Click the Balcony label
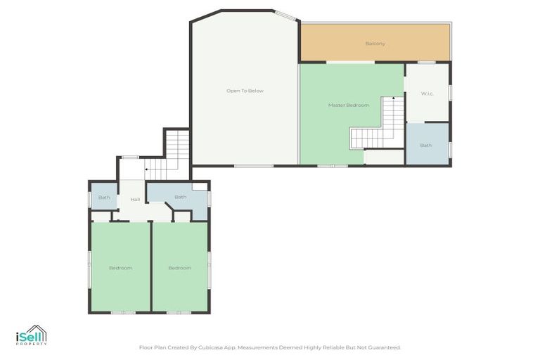click(375, 44)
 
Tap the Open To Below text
click(245, 91)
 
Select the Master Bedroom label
click(348, 105)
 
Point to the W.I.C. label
click(427, 94)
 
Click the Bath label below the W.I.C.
click(426, 146)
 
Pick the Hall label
click(134, 200)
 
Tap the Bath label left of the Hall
click(104, 198)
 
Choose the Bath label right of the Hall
click(180, 197)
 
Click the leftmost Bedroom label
click(120, 268)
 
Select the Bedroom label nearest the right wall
click(179, 268)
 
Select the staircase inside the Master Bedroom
click(380, 127)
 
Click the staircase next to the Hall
click(172, 155)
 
